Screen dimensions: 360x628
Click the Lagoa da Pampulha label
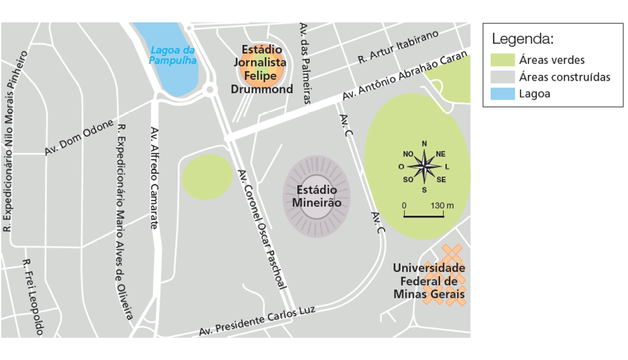point(172,55)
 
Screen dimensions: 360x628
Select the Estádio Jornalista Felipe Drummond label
point(262,69)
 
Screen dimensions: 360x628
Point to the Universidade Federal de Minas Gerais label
point(429,281)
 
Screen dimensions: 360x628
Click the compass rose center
point(424,167)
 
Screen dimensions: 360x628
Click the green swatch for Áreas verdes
point(503,60)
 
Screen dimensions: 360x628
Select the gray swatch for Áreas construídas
point(503,77)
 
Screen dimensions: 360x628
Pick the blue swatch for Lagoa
point(503,94)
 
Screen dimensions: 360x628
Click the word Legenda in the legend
point(522,39)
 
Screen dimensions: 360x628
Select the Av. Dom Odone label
point(79,137)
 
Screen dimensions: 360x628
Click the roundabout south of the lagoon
point(209,90)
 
